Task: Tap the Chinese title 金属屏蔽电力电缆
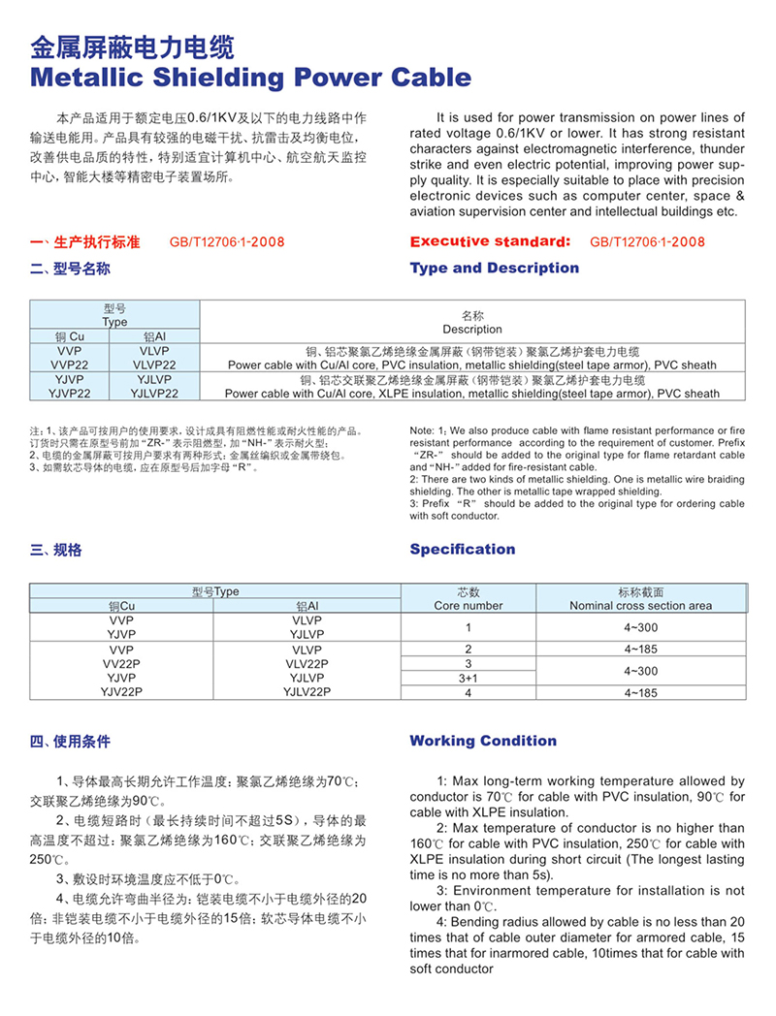pos(133,47)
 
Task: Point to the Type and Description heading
pos(494,269)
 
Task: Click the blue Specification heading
pos(462,550)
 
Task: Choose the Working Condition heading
pos(483,742)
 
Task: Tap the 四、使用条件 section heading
pos(70,742)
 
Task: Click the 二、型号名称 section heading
pos(70,269)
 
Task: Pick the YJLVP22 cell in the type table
pos(154,395)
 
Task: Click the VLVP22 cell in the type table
pos(154,365)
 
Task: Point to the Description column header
pos(472,329)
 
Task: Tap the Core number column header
pos(469,606)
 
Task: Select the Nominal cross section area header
pos(640,606)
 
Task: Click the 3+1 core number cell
pos(469,679)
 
